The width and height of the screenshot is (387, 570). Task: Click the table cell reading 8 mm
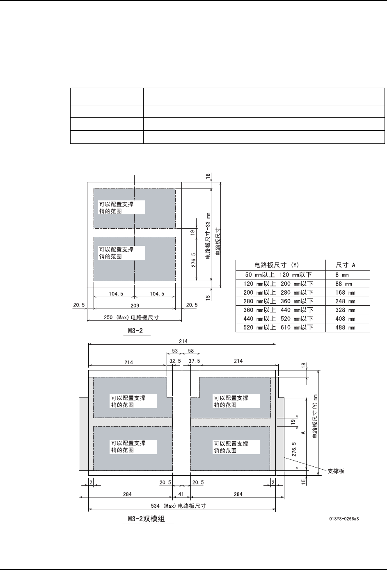pos(342,275)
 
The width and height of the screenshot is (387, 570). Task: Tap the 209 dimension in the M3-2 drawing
pos(135,305)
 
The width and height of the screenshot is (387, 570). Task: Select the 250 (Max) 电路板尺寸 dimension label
pos(131,317)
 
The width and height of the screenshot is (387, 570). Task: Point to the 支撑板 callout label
pos(336,471)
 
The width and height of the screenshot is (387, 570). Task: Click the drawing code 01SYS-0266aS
pos(344,519)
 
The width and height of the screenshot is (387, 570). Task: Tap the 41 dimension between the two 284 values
pos(181,494)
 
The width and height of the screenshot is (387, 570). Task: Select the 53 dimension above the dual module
pos(175,351)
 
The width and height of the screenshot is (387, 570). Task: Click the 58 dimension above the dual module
pos(190,351)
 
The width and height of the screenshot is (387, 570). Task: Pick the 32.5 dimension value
pos(175,361)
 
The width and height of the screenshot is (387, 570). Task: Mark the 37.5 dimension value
pos(194,361)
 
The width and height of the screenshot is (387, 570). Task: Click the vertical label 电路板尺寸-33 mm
pos(208,235)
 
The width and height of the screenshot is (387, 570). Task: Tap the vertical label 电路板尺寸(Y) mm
pos(315,416)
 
